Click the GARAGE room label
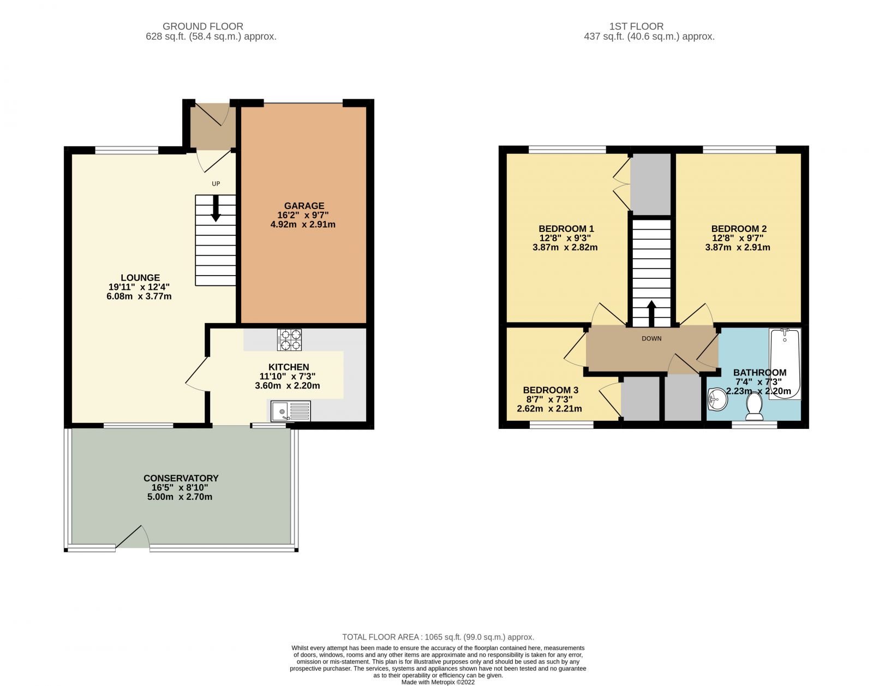304,206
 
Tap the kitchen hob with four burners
289,339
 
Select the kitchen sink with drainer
291,411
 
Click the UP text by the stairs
216,184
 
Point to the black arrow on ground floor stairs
216,208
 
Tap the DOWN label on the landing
651,339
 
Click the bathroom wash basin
717,399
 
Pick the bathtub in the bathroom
785,363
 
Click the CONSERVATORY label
181,478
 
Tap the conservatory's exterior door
133,538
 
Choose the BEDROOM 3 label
550,390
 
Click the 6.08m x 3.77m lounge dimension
140,296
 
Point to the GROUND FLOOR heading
203,26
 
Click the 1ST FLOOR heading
636,26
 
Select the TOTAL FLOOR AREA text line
438,637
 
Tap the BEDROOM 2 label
738,229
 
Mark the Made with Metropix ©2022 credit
438,682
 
